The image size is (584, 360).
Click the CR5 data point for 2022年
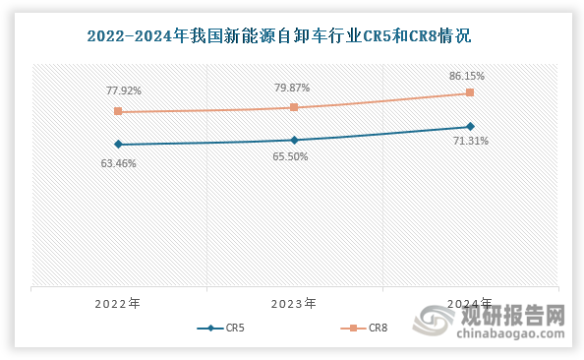point(118,145)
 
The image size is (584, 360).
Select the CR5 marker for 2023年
point(294,140)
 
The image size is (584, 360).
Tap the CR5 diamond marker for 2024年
point(470,126)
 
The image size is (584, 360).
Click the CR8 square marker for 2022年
point(118,112)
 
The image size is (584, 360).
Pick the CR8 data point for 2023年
point(294,107)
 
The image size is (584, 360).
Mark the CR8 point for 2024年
point(470,92)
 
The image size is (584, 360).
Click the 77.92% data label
point(124,90)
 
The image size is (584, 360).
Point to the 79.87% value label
point(293,88)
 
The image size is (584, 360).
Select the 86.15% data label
point(468,75)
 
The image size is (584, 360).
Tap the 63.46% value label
point(118,163)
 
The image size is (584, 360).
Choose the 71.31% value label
point(469,142)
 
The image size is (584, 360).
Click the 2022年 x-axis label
point(118,304)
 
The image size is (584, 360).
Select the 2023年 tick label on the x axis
point(294,304)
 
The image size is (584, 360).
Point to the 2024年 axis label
point(470,304)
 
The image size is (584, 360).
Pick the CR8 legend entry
point(365,329)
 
